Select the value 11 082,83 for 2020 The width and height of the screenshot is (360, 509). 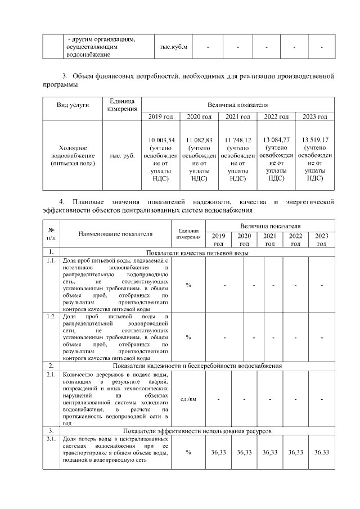[x=199, y=139]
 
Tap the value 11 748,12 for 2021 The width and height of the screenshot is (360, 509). [x=237, y=139]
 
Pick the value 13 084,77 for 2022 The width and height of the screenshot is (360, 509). [x=276, y=139]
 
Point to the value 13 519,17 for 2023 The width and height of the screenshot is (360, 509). [x=315, y=139]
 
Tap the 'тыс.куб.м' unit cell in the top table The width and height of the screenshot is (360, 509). [x=174, y=47]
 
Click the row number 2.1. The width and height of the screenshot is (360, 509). [x=51, y=375]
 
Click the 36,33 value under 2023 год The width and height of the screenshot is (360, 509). [x=322, y=452]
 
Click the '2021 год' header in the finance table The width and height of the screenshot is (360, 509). [x=237, y=116]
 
